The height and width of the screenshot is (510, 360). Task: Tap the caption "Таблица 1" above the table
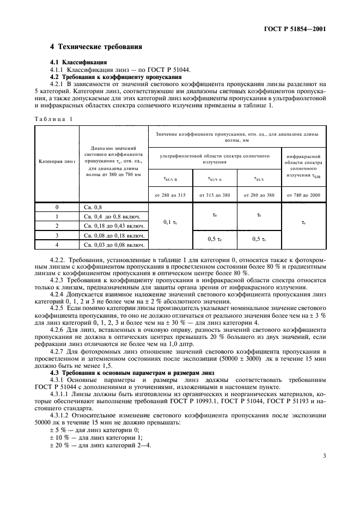[x=53, y=118]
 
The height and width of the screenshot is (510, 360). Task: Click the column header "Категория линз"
[x=57, y=162]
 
